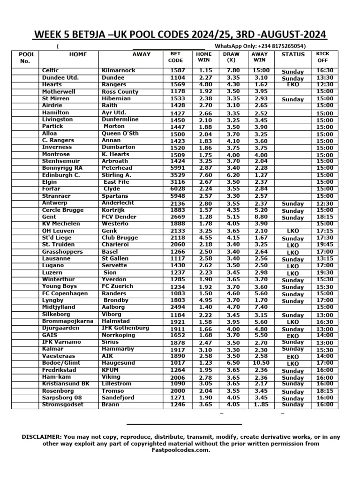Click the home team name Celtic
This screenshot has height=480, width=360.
(50, 70)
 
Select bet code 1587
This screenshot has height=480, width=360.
(177, 70)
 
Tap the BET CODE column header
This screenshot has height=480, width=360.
(175, 57)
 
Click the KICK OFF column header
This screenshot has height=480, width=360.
(323, 57)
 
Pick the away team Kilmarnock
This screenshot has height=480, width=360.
(118, 70)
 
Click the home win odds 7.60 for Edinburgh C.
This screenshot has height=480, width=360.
(205, 175)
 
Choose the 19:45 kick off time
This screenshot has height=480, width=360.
(325, 244)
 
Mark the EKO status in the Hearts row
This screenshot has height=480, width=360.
(292, 85)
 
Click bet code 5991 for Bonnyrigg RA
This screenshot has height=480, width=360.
(177, 168)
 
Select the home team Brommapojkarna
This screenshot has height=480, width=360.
(62, 321)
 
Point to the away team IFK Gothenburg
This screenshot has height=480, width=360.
(125, 328)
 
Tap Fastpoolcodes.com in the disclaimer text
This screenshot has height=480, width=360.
(180, 450)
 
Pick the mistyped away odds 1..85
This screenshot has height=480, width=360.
(260, 405)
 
